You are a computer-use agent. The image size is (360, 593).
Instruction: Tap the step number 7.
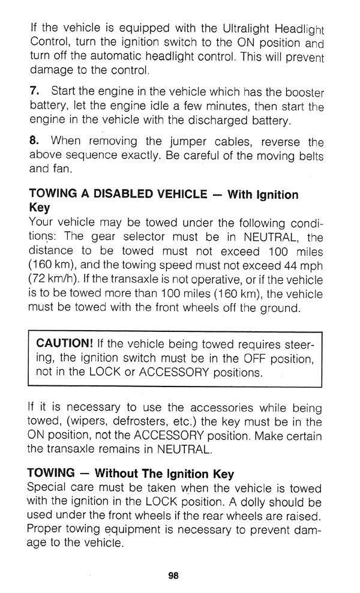point(34,92)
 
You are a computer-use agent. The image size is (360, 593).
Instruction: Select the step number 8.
point(35,143)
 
